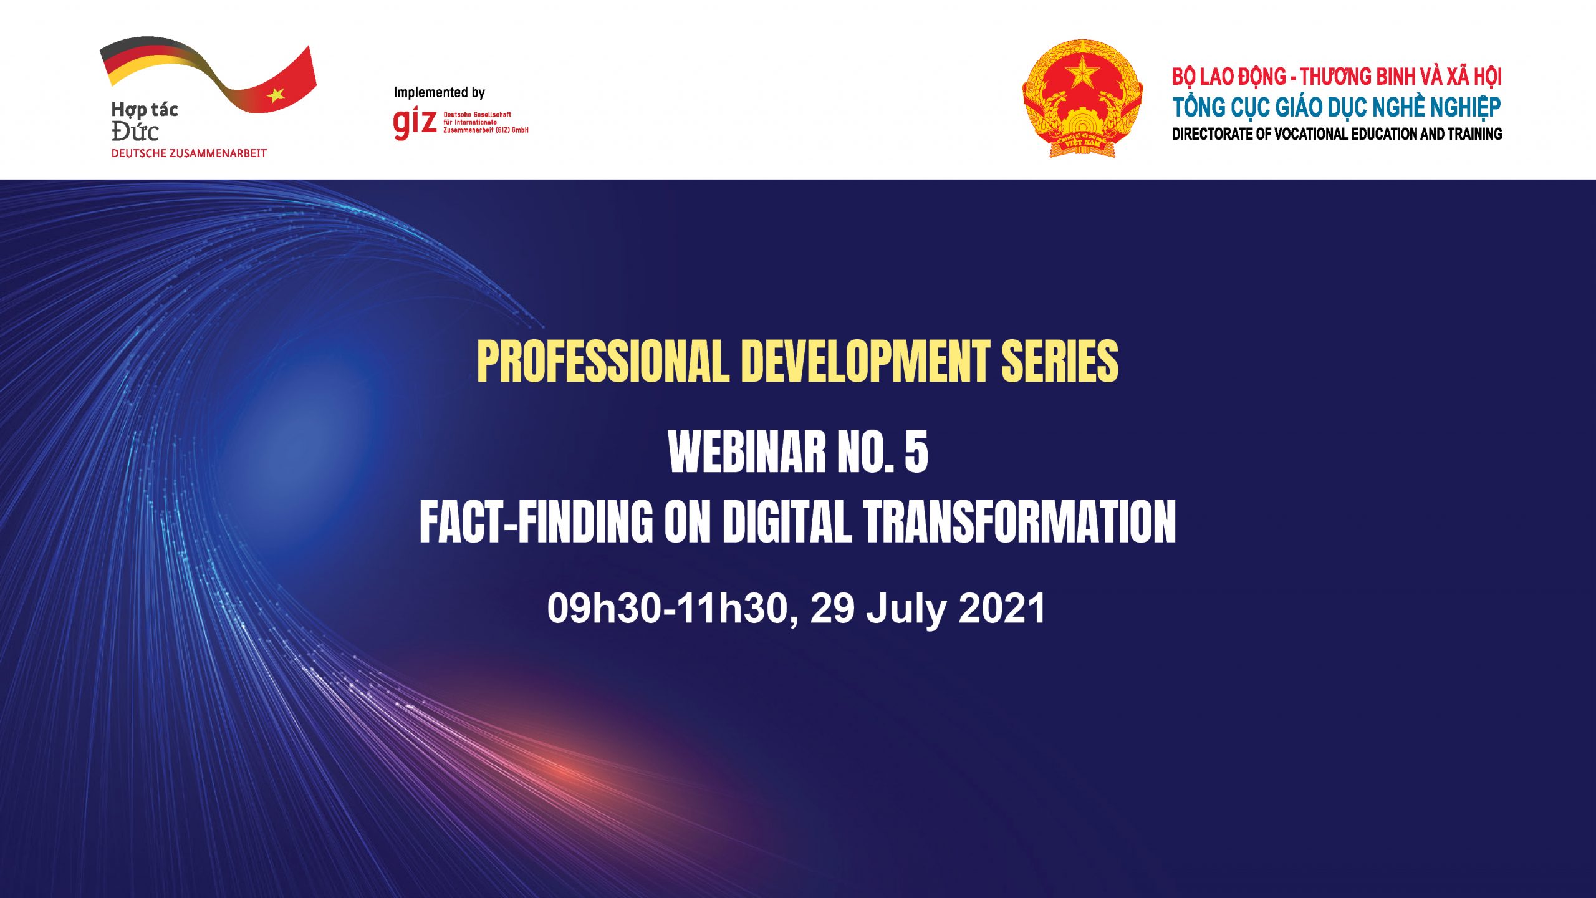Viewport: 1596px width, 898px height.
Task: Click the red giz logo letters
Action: click(x=415, y=123)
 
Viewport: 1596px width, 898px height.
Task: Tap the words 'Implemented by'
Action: click(x=439, y=93)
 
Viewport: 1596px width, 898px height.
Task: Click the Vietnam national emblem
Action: click(x=1083, y=98)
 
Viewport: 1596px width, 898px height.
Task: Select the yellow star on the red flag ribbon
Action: click(x=276, y=95)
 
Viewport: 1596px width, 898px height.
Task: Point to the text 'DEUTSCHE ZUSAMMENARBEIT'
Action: click(x=189, y=153)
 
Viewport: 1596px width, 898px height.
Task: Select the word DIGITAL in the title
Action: click(x=787, y=521)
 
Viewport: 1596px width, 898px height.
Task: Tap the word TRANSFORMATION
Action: click(x=1019, y=521)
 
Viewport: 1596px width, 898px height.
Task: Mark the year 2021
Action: click(x=1002, y=608)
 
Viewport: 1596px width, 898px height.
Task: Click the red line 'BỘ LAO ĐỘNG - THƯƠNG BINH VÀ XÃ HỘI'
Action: click(x=1337, y=77)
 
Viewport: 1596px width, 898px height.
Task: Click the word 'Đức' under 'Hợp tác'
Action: click(x=135, y=132)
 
